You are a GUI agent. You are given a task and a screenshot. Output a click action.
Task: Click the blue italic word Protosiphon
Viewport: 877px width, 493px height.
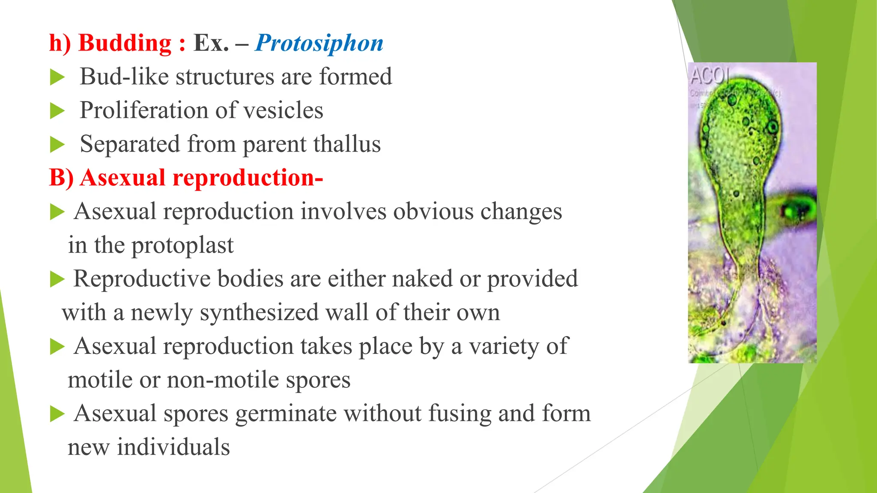[319, 43]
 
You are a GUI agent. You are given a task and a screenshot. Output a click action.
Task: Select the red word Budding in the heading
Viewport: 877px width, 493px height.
[125, 43]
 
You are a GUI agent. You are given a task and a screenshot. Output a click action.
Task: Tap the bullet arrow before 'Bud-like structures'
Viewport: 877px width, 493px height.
[57, 78]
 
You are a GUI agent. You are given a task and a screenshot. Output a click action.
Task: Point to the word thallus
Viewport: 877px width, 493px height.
[346, 144]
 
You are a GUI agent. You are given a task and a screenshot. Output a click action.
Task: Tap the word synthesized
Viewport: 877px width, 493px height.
[259, 312]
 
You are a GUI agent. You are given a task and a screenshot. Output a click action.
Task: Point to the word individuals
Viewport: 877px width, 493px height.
[173, 447]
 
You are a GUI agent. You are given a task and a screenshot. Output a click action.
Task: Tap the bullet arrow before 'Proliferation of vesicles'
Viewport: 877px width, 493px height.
[57, 111]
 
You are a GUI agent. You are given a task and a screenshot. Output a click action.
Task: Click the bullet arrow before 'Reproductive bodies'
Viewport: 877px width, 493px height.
[57, 279]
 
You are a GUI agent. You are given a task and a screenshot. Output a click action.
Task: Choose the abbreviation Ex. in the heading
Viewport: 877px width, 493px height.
[211, 43]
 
